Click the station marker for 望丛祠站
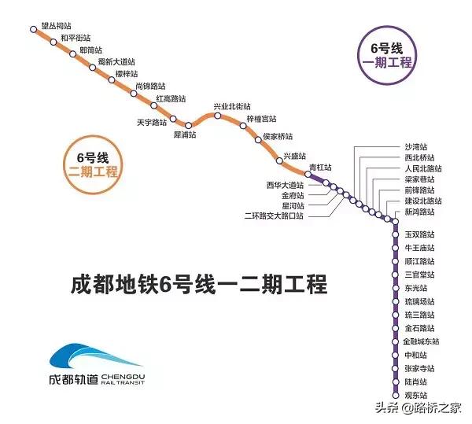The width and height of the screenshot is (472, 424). click(33, 29)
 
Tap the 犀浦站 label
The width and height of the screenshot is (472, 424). click(185, 135)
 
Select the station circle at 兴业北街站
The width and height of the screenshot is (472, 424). click(218, 116)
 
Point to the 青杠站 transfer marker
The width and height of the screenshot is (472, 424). click(308, 174)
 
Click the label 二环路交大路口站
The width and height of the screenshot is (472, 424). click(274, 216)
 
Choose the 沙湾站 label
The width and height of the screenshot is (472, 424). click(415, 147)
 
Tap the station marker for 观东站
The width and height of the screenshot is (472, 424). click(395, 395)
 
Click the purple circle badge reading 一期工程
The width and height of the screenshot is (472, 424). click(387, 55)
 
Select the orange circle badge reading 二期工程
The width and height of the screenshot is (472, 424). click(93, 164)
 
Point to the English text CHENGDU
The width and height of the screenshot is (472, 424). click(124, 377)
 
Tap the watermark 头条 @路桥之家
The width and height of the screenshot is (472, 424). click(419, 408)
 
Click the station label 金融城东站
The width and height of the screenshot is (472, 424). click(421, 341)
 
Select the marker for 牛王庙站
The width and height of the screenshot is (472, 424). click(395, 248)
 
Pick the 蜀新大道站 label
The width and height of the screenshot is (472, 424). click(116, 61)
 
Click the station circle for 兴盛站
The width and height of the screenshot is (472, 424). click(279, 160)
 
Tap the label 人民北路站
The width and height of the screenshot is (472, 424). click(423, 168)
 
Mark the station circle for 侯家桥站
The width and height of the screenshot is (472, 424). click(258, 139)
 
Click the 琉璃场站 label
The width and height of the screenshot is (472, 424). click(419, 301)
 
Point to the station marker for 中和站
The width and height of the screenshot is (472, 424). click(395, 355)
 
